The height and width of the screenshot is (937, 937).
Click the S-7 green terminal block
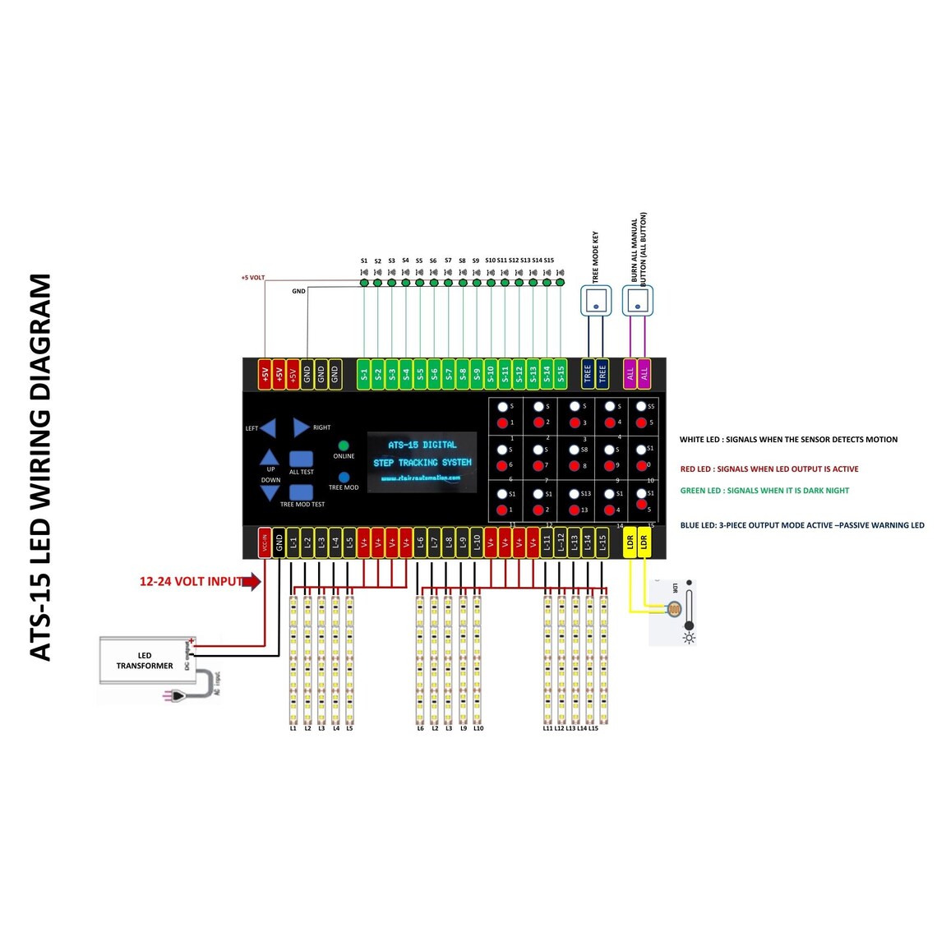pyautogui.click(x=449, y=374)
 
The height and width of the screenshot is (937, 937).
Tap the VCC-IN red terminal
pyautogui.click(x=265, y=543)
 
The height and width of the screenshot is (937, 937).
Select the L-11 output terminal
pyautogui.click(x=547, y=543)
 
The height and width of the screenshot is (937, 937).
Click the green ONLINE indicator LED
pyautogui.click(x=344, y=446)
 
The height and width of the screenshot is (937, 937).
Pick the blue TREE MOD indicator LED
pyautogui.click(x=344, y=477)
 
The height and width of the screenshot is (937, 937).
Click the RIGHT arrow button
pyautogui.click(x=301, y=427)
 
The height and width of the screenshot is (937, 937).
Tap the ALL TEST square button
pyautogui.click(x=301, y=459)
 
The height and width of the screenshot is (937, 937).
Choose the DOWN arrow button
pyautogui.click(x=270, y=492)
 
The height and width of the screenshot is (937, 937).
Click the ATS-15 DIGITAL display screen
pyautogui.click(x=422, y=462)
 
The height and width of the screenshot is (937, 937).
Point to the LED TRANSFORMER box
pyautogui.click(x=145, y=661)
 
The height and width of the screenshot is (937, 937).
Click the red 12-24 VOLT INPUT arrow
pyautogui.click(x=252, y=582)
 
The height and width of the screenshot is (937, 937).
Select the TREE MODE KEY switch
pyautogui.click(x=596, y=302)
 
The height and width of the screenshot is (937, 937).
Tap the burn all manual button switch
pyautogui.click(x=637, y=302)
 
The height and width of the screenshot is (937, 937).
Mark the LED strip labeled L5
pyautogui.click(x=349, y=658)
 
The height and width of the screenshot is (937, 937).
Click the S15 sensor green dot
pyautogui.click(x=561, y=282)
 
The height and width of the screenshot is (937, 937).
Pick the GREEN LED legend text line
pyautogui.click(x=764, y=491)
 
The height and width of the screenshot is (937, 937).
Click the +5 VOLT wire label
pyautogui.click(x=252, y=278)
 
